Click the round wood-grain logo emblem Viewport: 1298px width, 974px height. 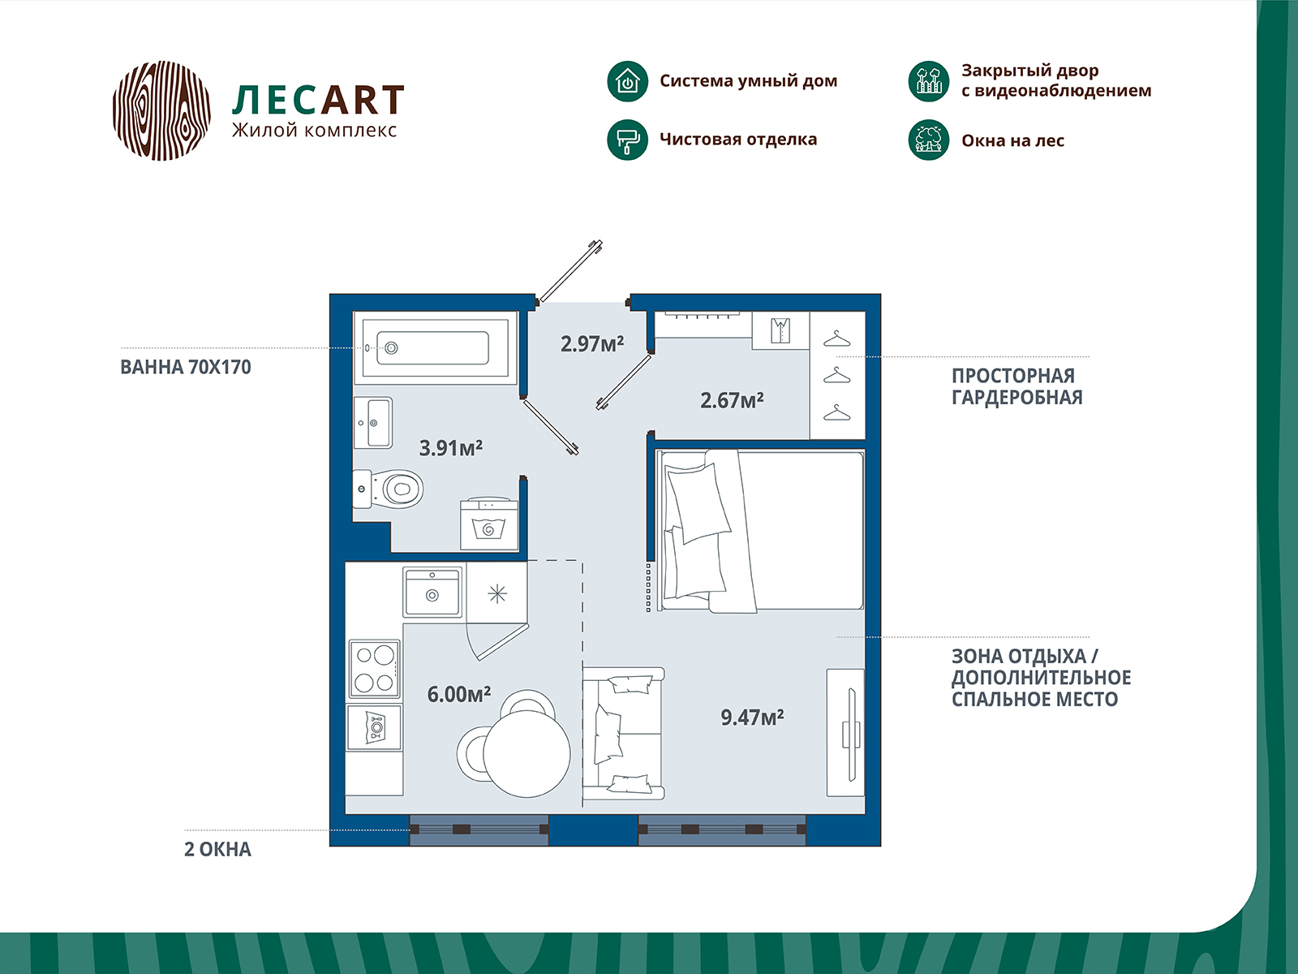pos(161,110)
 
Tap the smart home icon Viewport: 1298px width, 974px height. pos(627,81)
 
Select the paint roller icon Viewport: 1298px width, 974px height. pos(627,140)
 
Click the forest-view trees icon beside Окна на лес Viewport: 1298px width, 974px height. pos(928,140)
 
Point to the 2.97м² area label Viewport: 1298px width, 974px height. pos(592,343)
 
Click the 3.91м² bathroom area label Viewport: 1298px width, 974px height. pos(450,448)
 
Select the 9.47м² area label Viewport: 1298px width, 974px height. pos(752,717)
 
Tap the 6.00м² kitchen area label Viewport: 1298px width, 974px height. pos(459,694)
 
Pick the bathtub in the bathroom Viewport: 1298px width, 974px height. pos(435,347)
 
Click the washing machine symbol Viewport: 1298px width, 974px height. pos(489,524)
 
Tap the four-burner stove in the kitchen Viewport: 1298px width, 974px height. pos(374,668)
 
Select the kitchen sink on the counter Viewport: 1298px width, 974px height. pos(432,592)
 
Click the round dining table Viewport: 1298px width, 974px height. pos(527,753)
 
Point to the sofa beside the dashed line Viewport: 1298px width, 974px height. pos(623,733)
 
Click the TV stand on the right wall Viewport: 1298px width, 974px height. pos(845,732)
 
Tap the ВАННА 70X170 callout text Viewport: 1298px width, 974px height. pos(186,367)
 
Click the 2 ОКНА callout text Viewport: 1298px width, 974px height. pos(217,849)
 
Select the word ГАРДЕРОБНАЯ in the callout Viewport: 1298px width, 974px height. pos(1017,398)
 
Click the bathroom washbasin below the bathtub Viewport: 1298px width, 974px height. pos(373,422)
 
